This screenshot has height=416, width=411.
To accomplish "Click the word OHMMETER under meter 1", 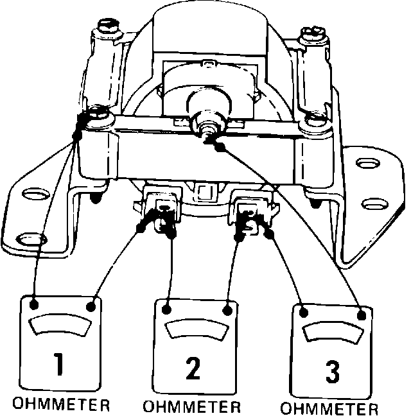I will (62, 405).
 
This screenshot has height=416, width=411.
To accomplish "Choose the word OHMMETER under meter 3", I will (330, 409).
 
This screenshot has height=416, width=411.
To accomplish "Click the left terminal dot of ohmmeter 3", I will (304, 313).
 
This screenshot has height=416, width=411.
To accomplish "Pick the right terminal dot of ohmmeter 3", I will (362, 315).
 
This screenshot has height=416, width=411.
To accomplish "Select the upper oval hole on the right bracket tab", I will (366, 165).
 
